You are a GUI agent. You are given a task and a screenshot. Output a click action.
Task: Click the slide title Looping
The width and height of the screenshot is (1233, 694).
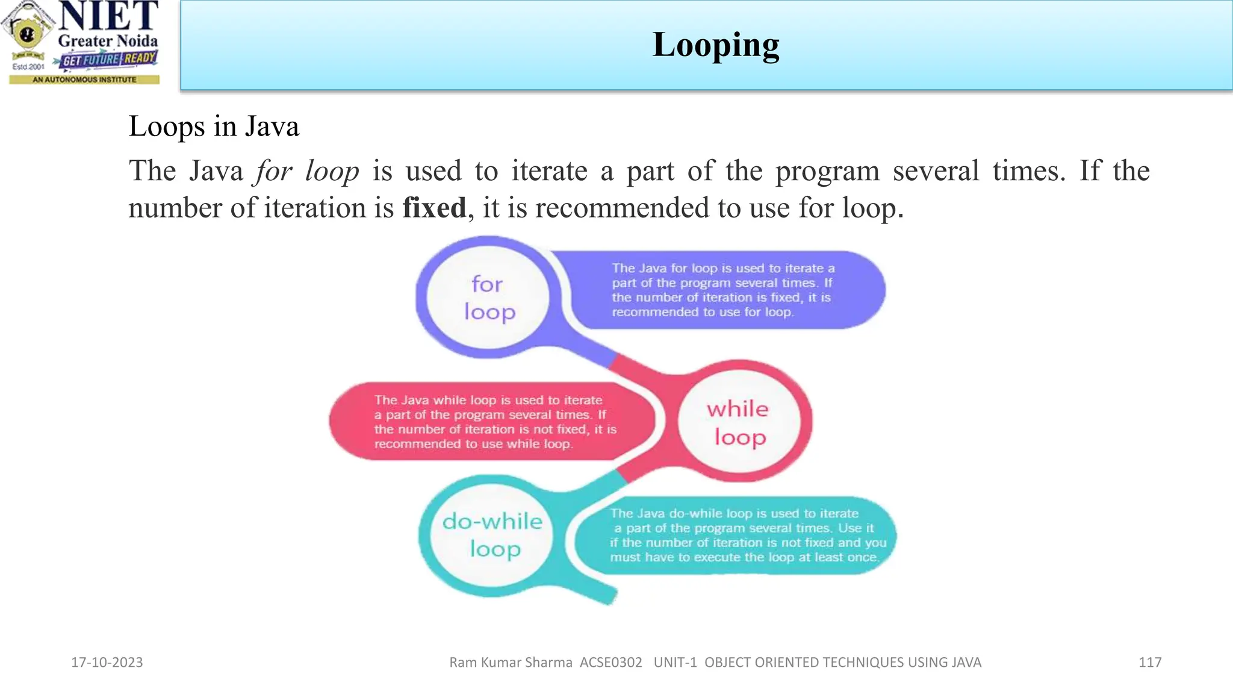(715, 45)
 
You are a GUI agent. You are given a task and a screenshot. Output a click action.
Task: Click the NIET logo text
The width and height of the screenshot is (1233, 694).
(108, 16)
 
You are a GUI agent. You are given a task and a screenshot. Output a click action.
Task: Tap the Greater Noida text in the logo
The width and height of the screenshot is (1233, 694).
(108, 41)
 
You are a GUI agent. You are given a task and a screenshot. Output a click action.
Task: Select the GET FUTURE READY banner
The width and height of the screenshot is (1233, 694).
(109, 59)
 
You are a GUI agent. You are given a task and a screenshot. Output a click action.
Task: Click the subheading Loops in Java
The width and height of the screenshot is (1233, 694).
(214, 127)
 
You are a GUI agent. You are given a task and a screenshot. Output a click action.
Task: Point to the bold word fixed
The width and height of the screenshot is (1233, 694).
(434, 208)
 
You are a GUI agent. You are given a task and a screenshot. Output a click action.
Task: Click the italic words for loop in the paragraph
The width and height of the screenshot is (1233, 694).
(307, 171)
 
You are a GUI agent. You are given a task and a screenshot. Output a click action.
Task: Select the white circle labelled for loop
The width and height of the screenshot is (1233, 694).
(488, 298)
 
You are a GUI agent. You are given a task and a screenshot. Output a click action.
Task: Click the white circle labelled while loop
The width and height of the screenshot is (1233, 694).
(739, 422)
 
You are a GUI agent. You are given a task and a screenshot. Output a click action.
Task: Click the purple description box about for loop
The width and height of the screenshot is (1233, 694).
(722, 290)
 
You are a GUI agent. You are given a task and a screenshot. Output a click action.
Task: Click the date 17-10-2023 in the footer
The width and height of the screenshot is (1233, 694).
(107, 662)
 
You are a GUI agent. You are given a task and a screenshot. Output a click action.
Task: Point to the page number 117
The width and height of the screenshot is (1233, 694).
(1149, 662)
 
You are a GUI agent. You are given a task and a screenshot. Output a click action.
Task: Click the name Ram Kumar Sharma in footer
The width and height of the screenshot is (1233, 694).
(511, 662)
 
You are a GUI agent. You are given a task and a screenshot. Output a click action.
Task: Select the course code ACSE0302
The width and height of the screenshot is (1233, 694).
(610, 662)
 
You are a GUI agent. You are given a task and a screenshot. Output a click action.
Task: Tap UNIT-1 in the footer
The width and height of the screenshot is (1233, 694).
(675, 662)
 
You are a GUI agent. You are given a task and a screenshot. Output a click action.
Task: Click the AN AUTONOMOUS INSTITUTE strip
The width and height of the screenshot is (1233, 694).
(84, 80)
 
